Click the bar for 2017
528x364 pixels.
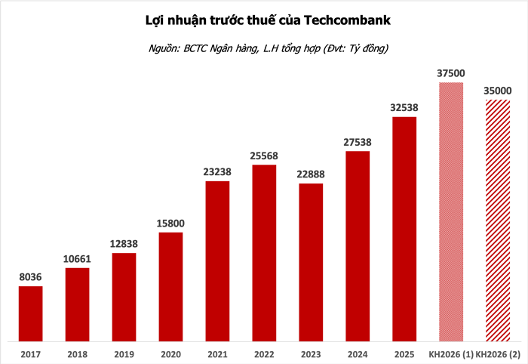pyautogui.click(x=30, y=313)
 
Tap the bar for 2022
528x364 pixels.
pyautogui.click(x=264, y=252)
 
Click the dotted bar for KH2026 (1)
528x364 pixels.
pyautogui.click(x=451, y=211)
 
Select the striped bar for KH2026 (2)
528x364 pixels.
pyautogui.click(x=498, y=219)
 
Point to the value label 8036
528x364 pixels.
pyautogui.click(x=30, y=277)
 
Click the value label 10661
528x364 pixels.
pyautogui.click(x=77, y=259)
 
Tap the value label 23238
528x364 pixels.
pyautogui.click(x=217, y=172)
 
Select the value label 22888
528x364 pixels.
pyautogui.click(x=311, y=174)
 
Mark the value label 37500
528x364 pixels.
pyautogui.click(x=451, y=73)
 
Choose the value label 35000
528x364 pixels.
pyautogui.click(x=498, y=91)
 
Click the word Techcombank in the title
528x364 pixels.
pyautogui.click(x=348, y=20)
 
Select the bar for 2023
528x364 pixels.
pyautogui.click(x=311, y=261)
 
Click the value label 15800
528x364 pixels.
pyautogui.click(x=171, y=224)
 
